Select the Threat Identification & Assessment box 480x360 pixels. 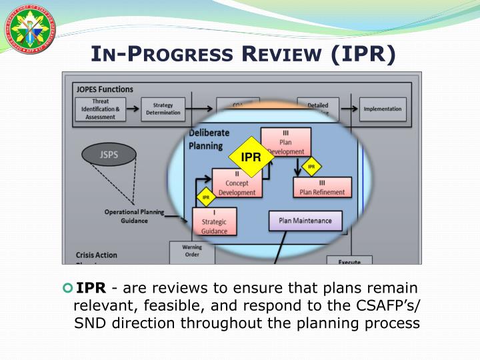pyautogui.click(x=101, y=109)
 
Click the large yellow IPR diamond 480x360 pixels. pyautogui.click(x=251, y=158)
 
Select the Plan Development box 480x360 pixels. pyautogui.click(x=285, y=142)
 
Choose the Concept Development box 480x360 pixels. pyautogui.click(x=237, y=183)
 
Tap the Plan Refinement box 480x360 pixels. pyautogui.click(x=322, y=187)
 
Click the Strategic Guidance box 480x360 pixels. pyautogui.click(x=214, y=222)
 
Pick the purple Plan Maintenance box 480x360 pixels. pyautogui.click(x=305, y=221)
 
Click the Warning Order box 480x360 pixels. pyautogui.click(x=192, y=251)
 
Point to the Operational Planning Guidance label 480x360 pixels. pyautogui.click(x=134, y=216)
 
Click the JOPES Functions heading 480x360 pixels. pyautogui.click(x=104, y=89)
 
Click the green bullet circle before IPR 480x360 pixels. pyautogui.click(x=67, y=288)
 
